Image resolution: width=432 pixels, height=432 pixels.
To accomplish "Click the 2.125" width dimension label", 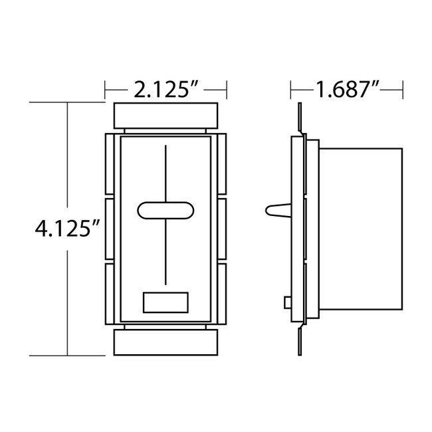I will [x=165, y=89].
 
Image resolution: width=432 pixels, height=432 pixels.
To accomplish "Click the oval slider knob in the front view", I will [x=165, y=210].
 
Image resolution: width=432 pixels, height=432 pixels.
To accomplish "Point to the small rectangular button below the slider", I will [x=165, y=302].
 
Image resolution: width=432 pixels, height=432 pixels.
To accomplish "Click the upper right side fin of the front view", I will [x=221, y=166].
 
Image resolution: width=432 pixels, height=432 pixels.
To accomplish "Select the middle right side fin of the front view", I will [x=221, y=229].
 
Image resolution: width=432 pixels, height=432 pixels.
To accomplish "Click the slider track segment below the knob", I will [x=165, y=253].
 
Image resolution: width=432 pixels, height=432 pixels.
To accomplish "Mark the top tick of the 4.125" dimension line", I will [x=68, y=103].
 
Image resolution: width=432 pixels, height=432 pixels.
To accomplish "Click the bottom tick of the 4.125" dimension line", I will [x=68, y=355].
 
